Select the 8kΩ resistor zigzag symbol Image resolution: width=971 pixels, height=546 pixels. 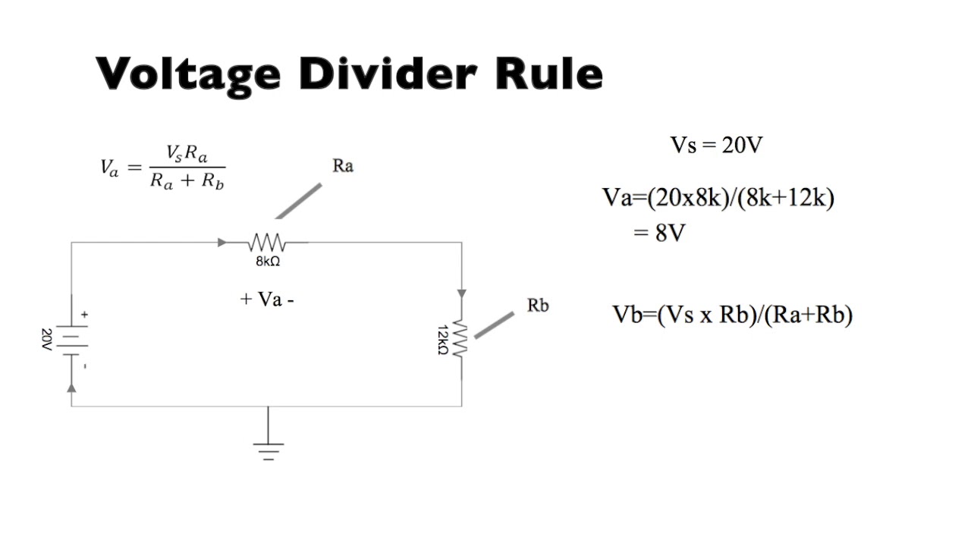point(266,243)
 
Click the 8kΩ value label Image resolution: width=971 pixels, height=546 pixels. point(269,262)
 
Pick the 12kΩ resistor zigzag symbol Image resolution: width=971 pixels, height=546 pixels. point(461,338)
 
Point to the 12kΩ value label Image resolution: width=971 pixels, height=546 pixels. point(444,339)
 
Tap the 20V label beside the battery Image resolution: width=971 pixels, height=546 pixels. point(46,339)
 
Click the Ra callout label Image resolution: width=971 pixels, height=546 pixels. point(343,166)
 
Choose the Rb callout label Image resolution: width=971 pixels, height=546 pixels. point(537,306)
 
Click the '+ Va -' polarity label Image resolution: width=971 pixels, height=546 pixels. point(267,299)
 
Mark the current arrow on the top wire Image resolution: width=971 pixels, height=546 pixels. point(222,243)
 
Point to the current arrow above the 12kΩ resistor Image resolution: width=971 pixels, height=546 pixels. point(461,293)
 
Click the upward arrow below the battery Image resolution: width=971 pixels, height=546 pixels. point(71,387)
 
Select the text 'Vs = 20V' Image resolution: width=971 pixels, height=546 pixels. point(715,146)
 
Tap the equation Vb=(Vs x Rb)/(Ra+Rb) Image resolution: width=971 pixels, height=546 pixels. point(732,315)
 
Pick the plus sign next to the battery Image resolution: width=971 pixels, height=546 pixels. point(84,314)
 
